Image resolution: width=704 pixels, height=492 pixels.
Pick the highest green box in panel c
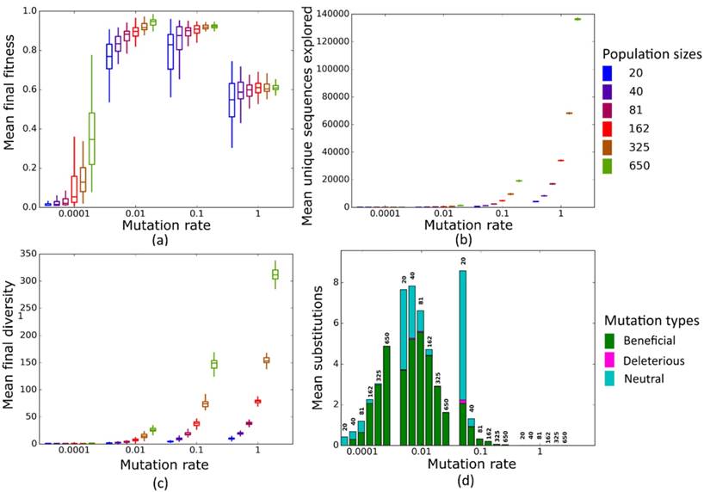(275, 274)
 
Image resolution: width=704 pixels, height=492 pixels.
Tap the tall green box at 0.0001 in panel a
(91, 138)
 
